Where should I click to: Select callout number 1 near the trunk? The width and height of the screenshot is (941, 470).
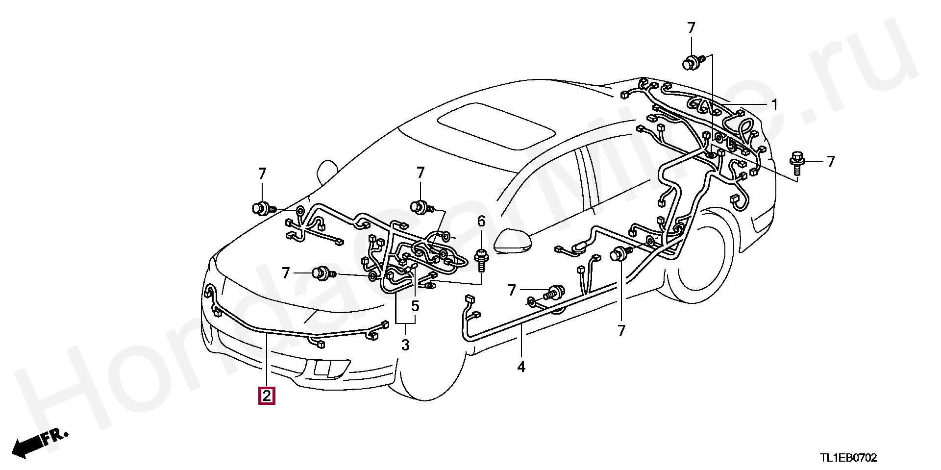pos(774,104)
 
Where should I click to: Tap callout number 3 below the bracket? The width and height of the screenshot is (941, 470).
pos(405,345)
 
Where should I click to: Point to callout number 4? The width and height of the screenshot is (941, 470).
pos(521,366)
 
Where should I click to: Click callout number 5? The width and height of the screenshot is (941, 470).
pos(415,306)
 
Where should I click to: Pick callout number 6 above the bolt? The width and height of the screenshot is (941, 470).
pos(481,222)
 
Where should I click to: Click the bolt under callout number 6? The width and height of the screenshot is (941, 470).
pos(481,258)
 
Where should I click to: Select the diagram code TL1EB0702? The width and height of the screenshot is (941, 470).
pos(849,458)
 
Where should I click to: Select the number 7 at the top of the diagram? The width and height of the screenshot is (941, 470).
pos(691,28)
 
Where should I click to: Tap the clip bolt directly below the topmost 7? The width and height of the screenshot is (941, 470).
pos(693,63)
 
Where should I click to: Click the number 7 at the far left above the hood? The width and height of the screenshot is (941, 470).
pos(262,173)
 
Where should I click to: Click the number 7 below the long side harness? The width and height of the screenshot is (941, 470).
pos(621,331)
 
